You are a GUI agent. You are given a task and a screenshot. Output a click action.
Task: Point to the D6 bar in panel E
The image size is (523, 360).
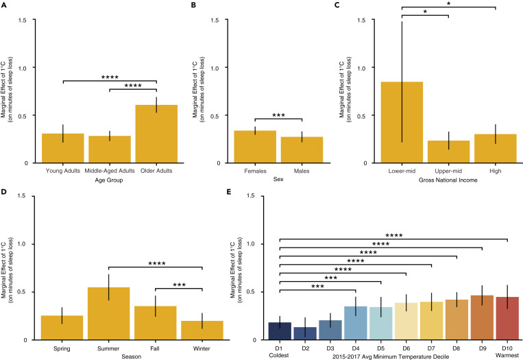[x=406, y=322]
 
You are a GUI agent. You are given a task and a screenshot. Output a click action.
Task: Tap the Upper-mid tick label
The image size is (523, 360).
[x=448, y=170]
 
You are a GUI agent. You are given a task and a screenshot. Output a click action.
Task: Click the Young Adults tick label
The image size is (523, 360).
[x=62, y=170]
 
